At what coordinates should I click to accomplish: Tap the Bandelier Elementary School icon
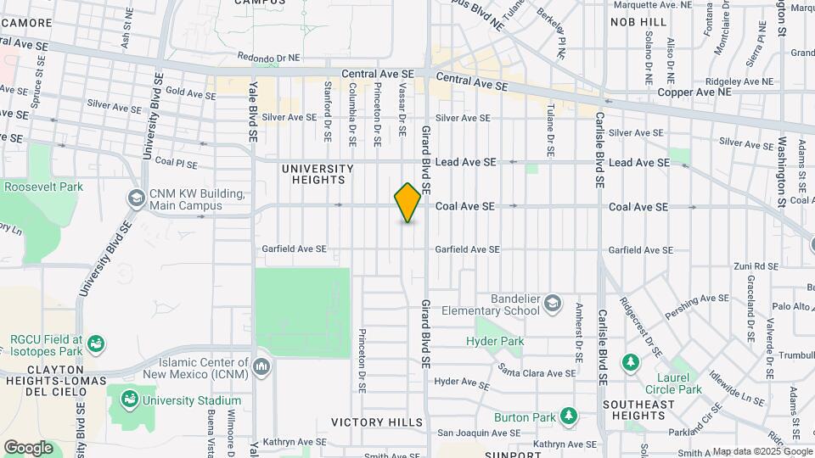(x=553, y=303)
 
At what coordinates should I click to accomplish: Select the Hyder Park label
(x=495, y=341)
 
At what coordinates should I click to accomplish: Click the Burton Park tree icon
(x=568, y=416)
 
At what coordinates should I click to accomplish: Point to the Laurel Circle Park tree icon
(x=630, y=363)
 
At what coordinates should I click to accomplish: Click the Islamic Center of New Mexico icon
(x=261, y=366)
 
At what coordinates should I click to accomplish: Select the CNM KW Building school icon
(x=136, y=198)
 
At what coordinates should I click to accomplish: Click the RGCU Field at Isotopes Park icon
(x=97, y=343)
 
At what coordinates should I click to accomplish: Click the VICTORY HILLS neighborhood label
(x=376, y=422)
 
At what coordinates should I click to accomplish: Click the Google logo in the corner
(x=28, y=448)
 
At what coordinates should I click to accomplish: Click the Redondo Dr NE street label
(x=269, y=58)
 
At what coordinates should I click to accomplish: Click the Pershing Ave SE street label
(x=699, y=305)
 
